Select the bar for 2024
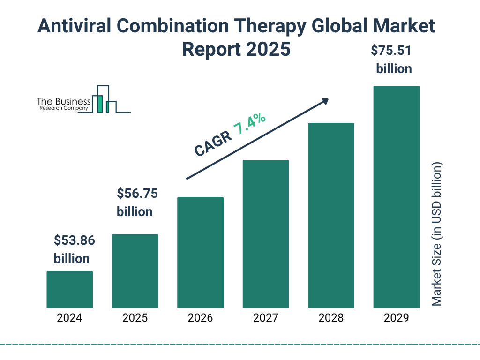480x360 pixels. click(69, 289)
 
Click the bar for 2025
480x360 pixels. click(135, 270)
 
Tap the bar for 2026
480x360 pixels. click(200, 252)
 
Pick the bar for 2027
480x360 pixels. click(265, 233)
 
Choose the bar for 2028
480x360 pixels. click(331, 215)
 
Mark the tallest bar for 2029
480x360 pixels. click(396, 197)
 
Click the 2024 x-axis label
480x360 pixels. click(69, 318)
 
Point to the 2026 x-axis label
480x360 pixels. click(200, 318)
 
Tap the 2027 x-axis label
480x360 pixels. click(265, 318)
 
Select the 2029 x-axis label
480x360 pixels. click(396, 318)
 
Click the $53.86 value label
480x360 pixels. click(74, 241)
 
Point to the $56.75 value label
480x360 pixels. click(137, 194)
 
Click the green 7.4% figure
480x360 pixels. click(250, 124)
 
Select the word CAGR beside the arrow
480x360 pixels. click(212, 143)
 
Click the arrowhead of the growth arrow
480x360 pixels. click(325, 101)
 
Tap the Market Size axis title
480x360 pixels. click(437, 234)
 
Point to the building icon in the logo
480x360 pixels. click(105, 99)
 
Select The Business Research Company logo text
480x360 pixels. click(63, 104)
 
